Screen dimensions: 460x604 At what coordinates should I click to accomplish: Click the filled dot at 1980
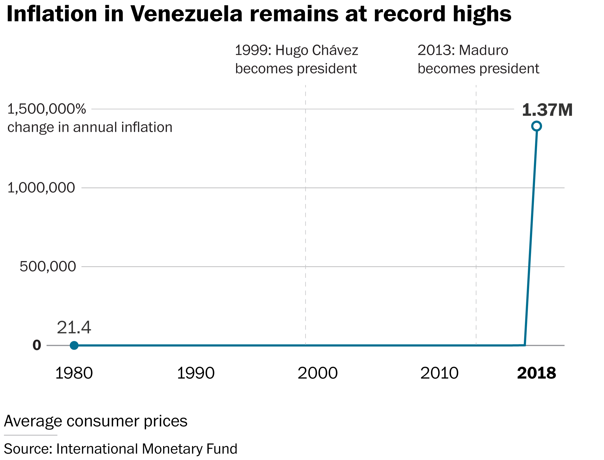click(74, 345)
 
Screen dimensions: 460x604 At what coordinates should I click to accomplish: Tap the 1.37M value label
click(547, 110)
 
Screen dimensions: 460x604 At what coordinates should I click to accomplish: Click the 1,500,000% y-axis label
click(46, 109)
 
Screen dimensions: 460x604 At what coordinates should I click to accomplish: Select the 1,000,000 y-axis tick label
click(41, 188)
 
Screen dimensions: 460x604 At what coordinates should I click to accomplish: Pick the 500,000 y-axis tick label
click(48, 266)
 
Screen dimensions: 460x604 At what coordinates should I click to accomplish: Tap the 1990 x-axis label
click(195, 373)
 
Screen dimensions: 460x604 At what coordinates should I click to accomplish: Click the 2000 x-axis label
click(317, 373)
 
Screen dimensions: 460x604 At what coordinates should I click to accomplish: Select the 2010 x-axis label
click(439, 373)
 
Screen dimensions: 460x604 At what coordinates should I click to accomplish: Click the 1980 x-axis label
click(74, 373)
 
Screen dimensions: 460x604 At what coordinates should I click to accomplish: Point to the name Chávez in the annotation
click(335, 50)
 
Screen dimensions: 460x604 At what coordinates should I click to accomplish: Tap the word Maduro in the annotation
click(483, 50)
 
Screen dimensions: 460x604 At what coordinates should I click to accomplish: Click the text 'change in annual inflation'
click(90, 127)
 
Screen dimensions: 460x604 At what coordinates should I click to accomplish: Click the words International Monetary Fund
click(147, 449)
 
